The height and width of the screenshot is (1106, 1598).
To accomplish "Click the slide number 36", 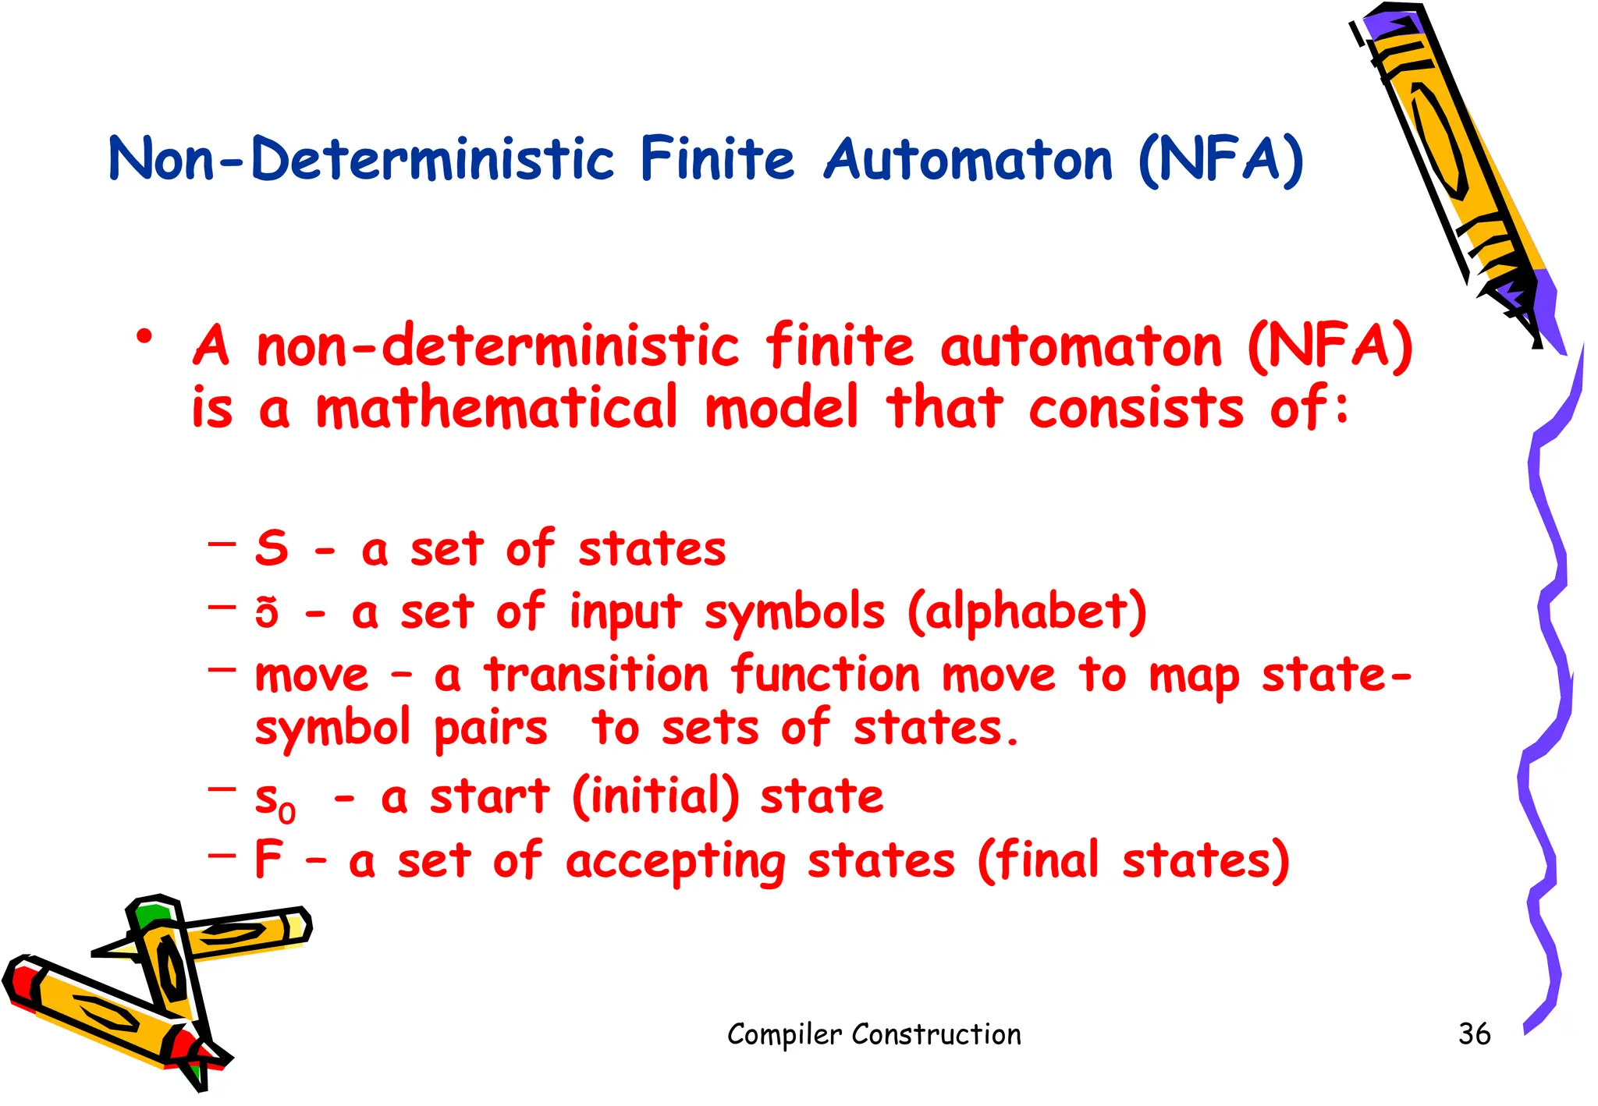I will [x=1474, y=1033].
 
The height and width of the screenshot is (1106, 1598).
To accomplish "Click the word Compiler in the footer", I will [x=784, y=1034].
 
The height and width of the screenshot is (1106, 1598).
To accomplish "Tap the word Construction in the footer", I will [x=936, y=1034].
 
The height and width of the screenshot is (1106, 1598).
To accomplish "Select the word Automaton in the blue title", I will [x=968, y=159].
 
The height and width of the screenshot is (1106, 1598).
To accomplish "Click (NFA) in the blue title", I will [x=1220, y=161].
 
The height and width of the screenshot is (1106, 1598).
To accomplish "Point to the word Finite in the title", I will [x=717, y=159].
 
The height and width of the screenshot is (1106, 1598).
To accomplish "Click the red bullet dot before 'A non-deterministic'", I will [x=144, y=338].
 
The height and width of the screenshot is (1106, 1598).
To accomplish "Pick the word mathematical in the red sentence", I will [x=497, y=407].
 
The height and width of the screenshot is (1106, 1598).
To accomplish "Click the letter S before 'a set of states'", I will [x=272, y=548].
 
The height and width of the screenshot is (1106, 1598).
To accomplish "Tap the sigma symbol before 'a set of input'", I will [x=267, y=612].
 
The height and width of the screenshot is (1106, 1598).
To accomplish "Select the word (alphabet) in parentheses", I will [x=1027, y=612].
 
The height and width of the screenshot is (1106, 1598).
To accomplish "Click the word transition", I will [x=596, y=675].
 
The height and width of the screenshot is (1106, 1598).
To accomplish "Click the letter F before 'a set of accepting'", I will [x=268, y=860].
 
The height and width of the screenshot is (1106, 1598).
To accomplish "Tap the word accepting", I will [x=675, y=863].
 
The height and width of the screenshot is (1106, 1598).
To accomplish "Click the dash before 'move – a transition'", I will [x=222, y=668].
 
